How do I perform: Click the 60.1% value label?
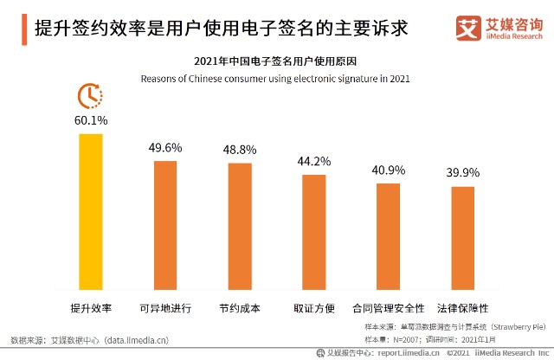coord(91,119)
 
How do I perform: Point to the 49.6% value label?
coord(165,147)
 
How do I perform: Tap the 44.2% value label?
coord(313,161)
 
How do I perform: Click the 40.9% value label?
coord(388,170)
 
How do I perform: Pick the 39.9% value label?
coord(462,173)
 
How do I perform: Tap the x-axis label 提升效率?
coord(91,308)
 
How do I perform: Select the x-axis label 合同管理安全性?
coord(388,308)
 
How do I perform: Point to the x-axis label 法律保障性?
coord(462,308)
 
